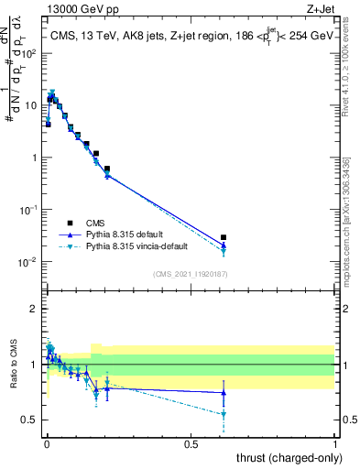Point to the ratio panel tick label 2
click(x=34, y=309)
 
